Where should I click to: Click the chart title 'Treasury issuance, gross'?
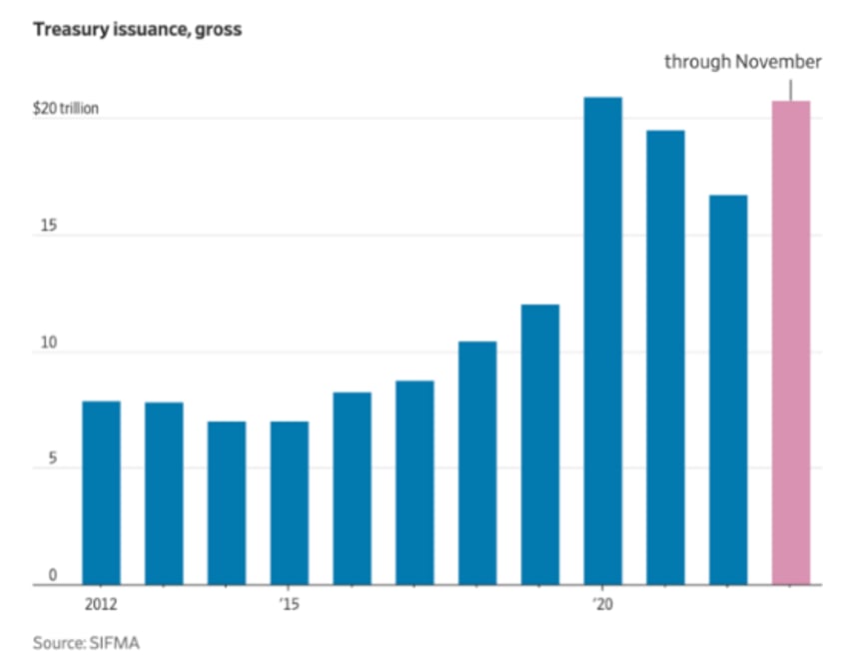coord(137,29)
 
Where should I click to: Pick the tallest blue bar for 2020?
coord(602,340)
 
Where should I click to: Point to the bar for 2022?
coord(728,389)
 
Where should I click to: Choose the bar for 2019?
coord(539,444)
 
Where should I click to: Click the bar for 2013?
coord(164,493)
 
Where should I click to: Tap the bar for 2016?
coord(352,488)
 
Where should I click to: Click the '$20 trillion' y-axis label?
coord(66,109)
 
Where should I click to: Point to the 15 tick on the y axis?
coord(41,227)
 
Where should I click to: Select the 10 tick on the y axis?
coord(41,343)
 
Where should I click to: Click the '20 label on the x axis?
coord(601,603)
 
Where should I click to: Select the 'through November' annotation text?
coord(743,62)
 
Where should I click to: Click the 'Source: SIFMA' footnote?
coord(86,643)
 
